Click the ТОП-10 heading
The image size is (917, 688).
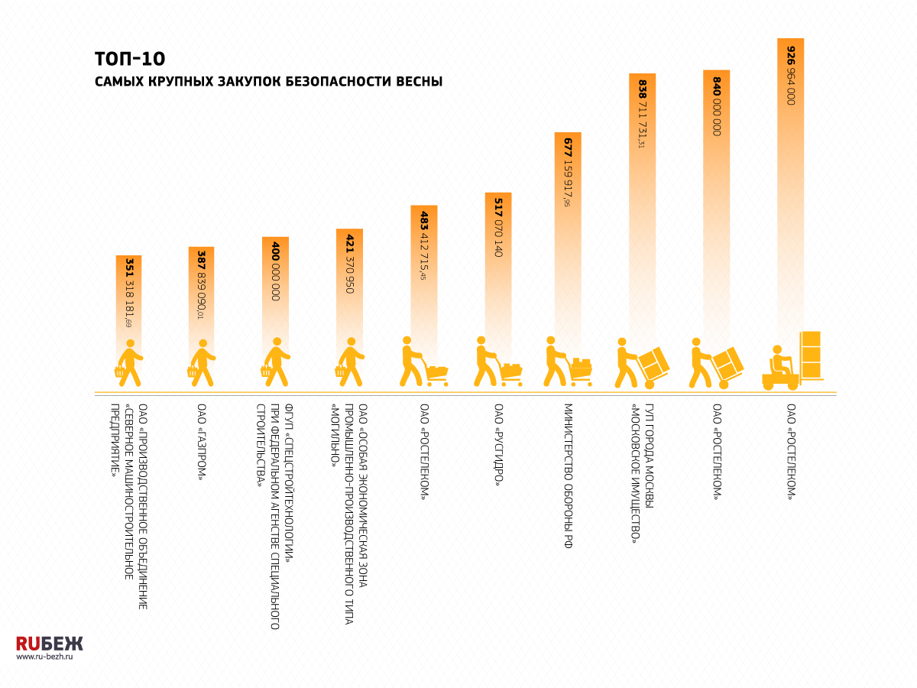(129, 60)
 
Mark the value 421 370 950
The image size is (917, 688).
(350, 264)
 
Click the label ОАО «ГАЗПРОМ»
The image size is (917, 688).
(202, 446)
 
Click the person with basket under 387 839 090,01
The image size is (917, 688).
(201, 363)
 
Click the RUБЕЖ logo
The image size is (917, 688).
(49, 643)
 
